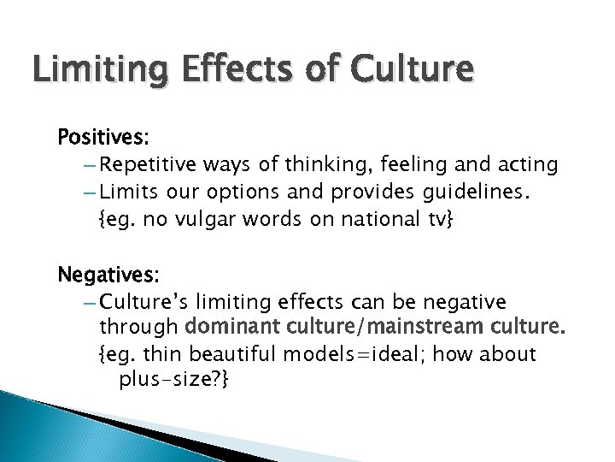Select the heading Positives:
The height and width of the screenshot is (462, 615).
pyautogui.click(x=101, y=137)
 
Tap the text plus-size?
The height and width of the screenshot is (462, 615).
pyautogui.click(x=174, y=380)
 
